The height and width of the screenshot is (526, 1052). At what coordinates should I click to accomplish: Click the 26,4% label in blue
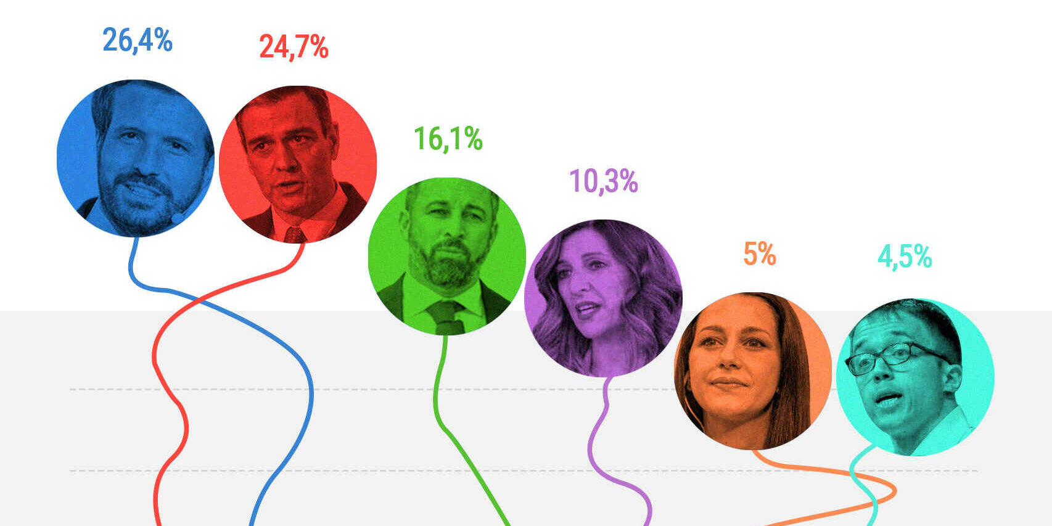point(137,41)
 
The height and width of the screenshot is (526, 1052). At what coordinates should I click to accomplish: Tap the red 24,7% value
point(294,47)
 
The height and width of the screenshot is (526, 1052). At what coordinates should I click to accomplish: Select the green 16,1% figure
point(448,139)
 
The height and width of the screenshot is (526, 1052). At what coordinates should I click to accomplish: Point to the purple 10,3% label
point(603,181)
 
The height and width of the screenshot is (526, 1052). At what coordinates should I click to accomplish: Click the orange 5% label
point(759,254)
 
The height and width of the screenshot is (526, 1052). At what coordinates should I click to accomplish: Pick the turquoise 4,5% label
point(905,257)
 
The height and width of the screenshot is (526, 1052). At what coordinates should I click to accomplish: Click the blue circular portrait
point(136,158)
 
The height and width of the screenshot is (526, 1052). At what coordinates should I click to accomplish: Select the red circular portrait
point(298,164)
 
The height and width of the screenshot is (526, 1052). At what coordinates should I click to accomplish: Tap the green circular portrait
point(447,256)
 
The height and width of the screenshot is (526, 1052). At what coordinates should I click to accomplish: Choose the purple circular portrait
point(603,298)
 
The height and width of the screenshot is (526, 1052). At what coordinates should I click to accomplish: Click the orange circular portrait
point(753,371)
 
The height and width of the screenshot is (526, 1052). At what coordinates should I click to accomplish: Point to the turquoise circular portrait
point(915,377)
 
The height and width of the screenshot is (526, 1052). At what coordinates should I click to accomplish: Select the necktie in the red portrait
point(295,235)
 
